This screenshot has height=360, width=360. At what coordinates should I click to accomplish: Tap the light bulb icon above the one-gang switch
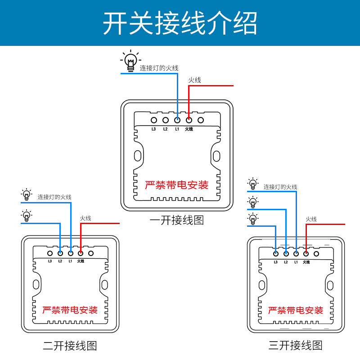(x=130, y=61)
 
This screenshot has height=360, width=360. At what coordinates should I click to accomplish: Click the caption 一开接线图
(x=177, y=220)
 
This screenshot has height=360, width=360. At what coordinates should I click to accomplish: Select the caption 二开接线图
(x=70, y=346)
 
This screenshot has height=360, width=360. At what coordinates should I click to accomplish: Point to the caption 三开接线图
(x=296, y=345)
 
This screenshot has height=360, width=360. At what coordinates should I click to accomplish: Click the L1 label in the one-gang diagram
(x=177, y=129)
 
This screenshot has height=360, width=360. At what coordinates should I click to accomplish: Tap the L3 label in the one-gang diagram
(x=153, y=129)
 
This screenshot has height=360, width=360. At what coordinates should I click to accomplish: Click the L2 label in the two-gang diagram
(x=60, y=261)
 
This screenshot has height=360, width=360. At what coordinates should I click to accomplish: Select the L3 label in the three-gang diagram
(x=275, y=262)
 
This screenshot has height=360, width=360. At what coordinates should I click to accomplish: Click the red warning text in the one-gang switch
(x=177, y=185)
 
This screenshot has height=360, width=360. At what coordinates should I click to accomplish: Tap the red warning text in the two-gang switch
(x=70, y=310)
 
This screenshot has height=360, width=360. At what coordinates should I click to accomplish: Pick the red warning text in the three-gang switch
(x=296, y=310)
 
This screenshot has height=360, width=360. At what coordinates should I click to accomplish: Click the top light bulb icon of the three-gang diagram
(x=253, y=184)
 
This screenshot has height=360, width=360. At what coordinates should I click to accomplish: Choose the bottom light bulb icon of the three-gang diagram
(x=253, y=219)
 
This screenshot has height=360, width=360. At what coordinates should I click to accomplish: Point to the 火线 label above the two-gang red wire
(x=85, y=218)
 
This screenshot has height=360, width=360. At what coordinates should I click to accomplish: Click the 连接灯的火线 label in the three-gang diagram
(x=280, y=187)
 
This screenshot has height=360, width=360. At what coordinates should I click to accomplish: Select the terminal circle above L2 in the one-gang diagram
(x=165, y=120)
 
